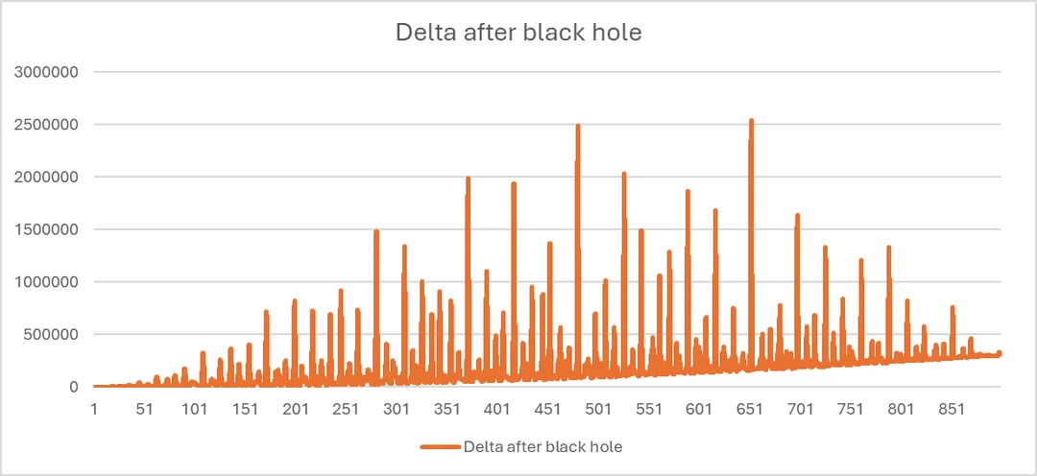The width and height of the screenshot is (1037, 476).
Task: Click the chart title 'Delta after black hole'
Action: [x=518, y=33]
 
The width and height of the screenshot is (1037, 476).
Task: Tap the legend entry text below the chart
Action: [x=543, y=446]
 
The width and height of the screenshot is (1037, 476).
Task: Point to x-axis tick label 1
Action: [x=94, y=409]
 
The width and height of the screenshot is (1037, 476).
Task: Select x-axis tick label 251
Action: [x=346, y=409]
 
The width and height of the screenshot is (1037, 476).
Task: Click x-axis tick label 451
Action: [x=547, y=409]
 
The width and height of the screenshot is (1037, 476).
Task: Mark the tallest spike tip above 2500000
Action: [x=751, y=121]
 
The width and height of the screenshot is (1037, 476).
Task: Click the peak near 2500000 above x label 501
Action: [x=578, y=126]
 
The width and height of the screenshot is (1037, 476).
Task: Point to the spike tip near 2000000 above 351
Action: [x=468, y=178]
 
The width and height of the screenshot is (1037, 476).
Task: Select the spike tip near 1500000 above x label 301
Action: [x=376, y=231]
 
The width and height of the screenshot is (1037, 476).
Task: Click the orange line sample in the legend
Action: [x=440, y=446]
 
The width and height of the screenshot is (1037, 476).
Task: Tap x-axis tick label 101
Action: [x=195, y=409]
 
